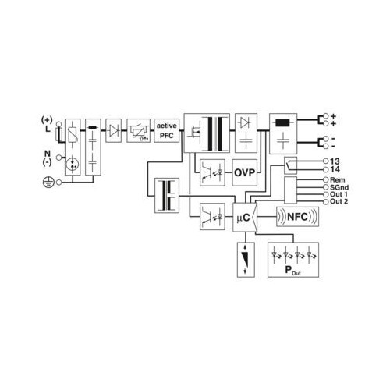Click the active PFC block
(167, 130)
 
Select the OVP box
(244, 172)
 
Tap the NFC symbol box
(297, 217)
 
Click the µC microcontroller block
(245, 218)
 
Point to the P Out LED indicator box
(293, 260)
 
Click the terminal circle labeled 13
(326, 161)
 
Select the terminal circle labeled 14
(326, 170)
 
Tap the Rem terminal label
(338, 180)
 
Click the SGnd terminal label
(339, 187)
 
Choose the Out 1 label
(339, 194)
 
